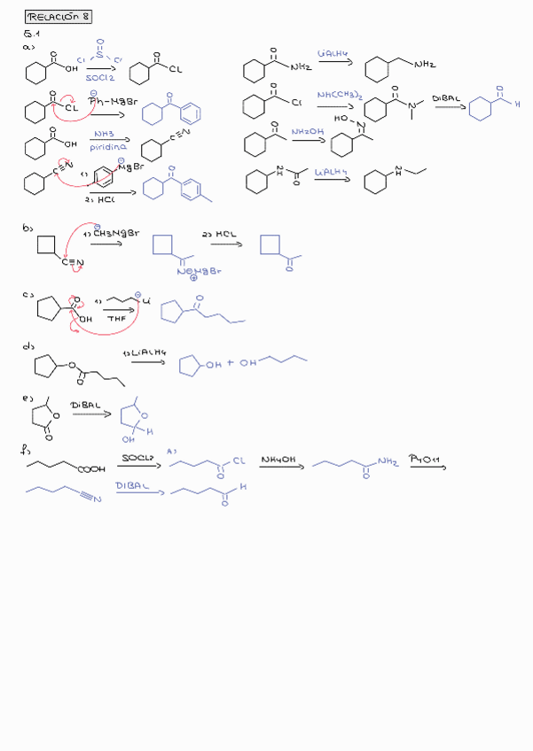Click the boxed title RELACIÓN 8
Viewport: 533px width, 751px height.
pos(59,17)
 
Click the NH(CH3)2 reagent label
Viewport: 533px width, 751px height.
pos(337,95)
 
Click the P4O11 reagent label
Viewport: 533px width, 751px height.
pos(426,459)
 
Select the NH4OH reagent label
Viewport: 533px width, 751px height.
pos(278,460)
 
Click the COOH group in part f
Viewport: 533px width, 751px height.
pos(91,470)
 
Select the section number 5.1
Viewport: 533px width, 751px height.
pos(32,34)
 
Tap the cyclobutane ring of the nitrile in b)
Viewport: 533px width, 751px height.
pos(48,244)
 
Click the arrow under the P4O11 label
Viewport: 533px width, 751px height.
pos(427,468)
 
